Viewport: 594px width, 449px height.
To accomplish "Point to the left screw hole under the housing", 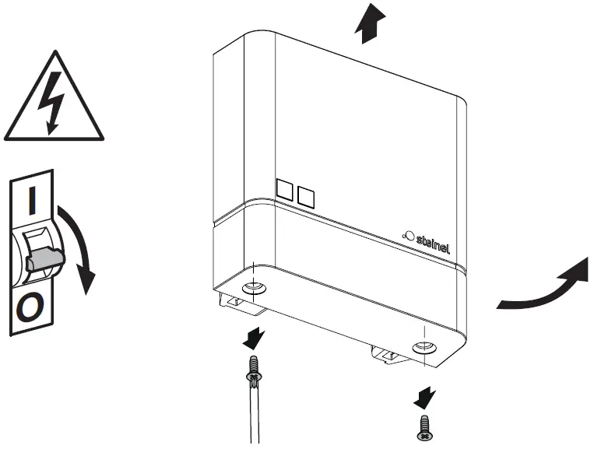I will pos(253,289).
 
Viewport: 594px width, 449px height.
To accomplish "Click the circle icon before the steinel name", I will pos(408,232).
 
